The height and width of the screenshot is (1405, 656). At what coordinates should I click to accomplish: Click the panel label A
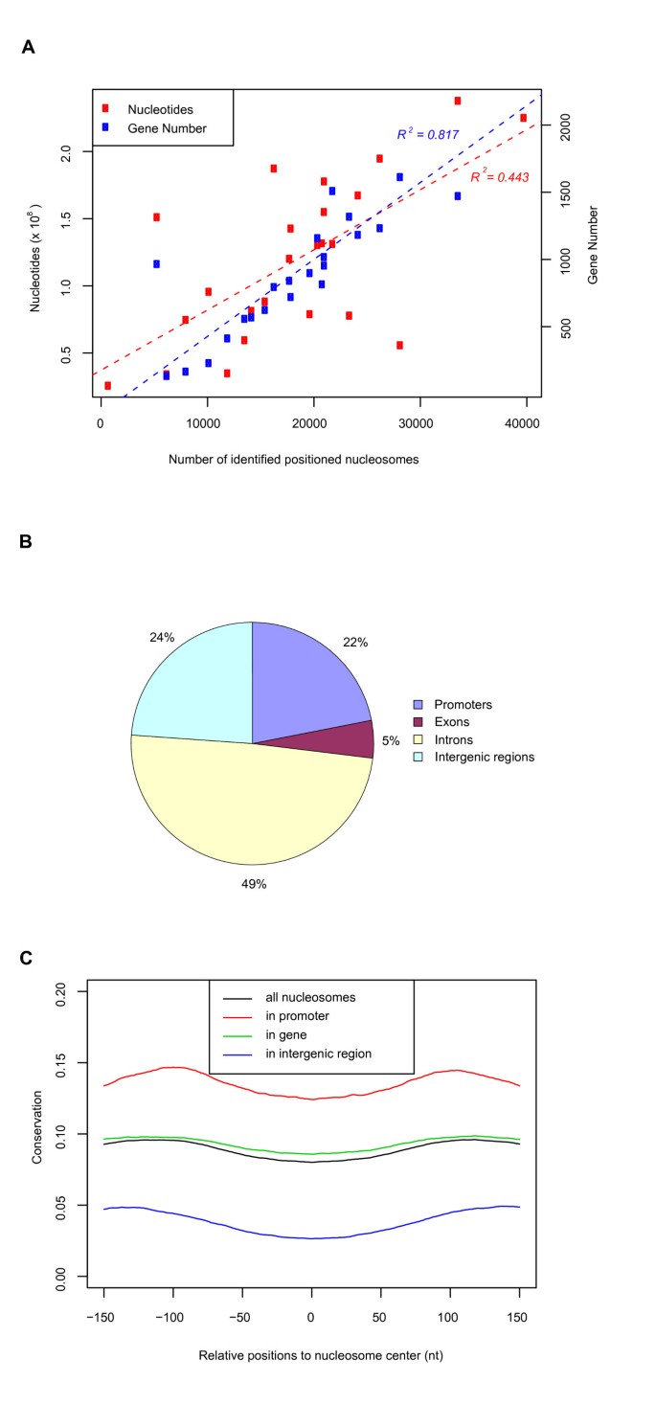click(x=28, y=47)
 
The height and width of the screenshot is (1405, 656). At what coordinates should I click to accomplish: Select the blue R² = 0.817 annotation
click(x=429, y=134)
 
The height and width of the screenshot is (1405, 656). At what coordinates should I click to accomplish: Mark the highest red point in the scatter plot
click(x=458, y=101)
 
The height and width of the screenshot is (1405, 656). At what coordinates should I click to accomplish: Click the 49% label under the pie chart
click(x=253, y=883)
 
